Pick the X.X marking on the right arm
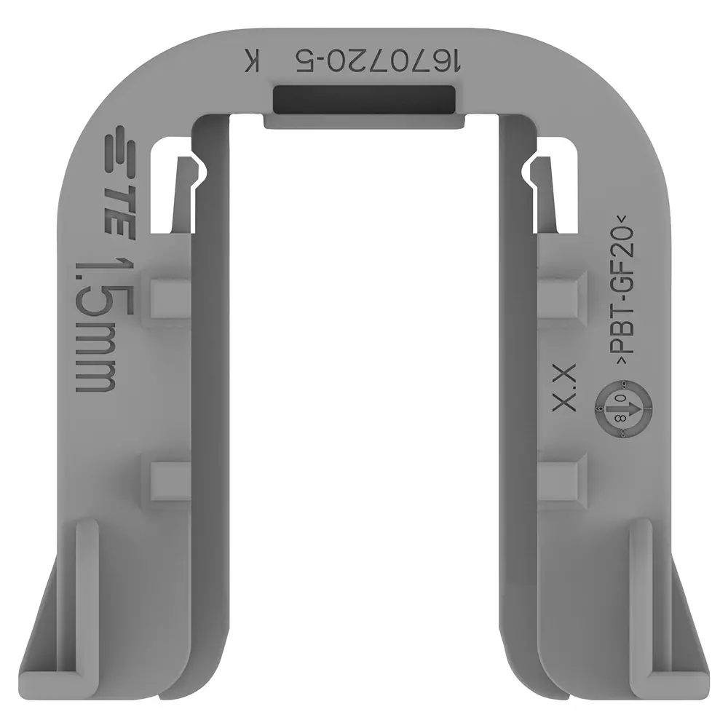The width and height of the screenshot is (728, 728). pyautogui.click(x=565, y=387)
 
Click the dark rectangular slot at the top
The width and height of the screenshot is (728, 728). pyautogui.click(x=364, y=100)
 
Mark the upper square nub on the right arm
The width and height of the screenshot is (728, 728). pyautogui.click(x=561, y=295)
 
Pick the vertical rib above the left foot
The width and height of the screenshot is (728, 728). pyautogui.click(x=87, y=582)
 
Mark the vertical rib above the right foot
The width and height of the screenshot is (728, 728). pyautogui.click(x=639, y=582)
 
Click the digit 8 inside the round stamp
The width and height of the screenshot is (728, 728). pyautogui.click(x=620, y=419)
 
